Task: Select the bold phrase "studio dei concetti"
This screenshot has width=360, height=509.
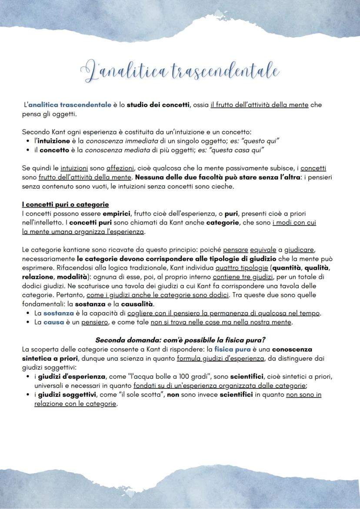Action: click(158, 105)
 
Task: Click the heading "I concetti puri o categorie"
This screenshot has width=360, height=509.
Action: click(65, 204)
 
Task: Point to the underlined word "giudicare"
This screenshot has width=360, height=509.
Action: click(300, 250)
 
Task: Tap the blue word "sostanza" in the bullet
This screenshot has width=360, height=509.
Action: click(59, 313)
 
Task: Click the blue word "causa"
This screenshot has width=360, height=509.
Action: click(54, 322)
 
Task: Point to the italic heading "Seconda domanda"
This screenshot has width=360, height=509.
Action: click(125, 340)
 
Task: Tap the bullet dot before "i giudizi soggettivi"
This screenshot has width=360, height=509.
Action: click(28, 395)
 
